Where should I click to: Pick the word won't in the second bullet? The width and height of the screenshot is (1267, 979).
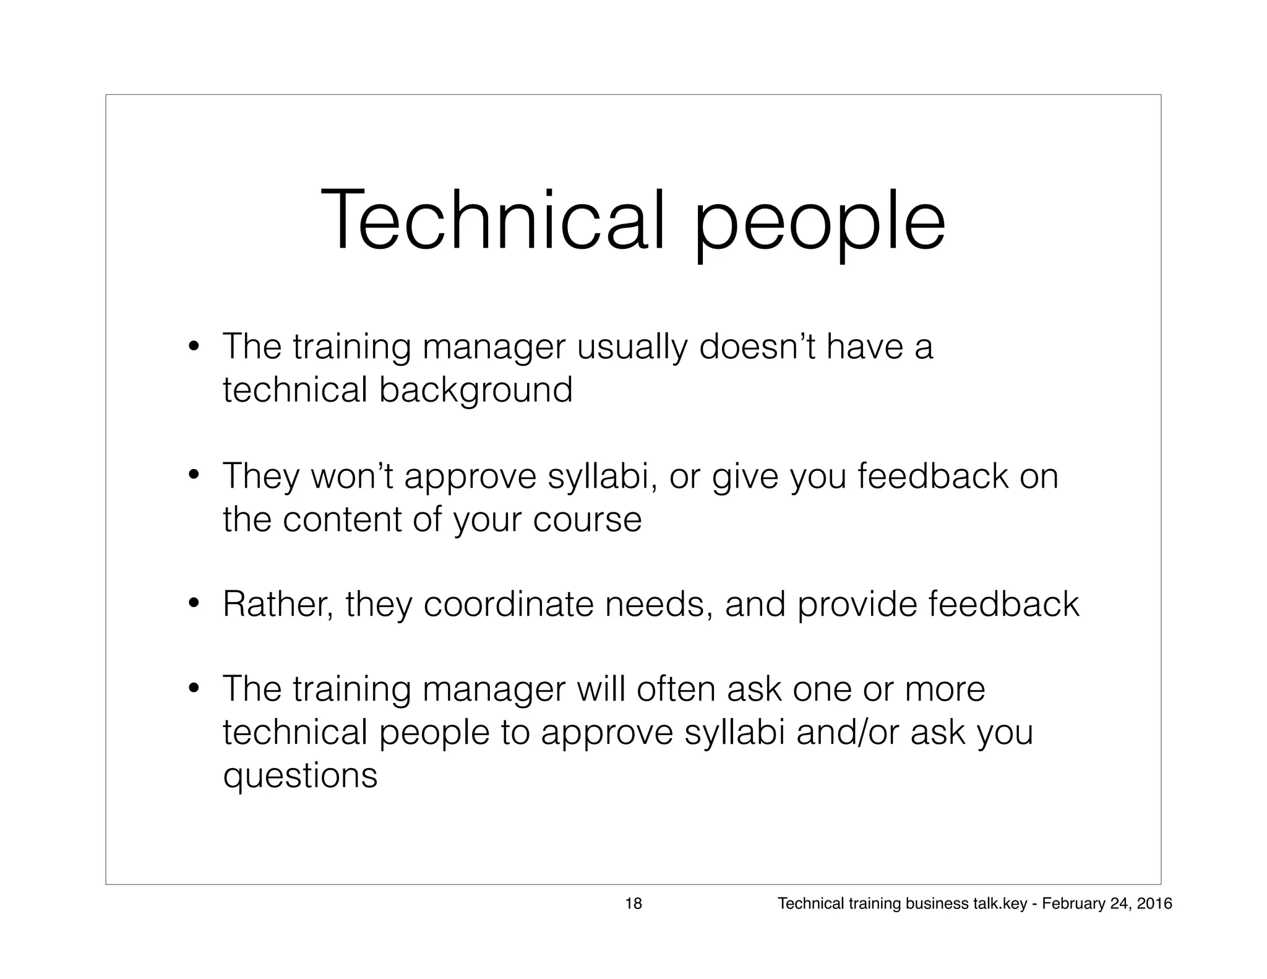point(351,477)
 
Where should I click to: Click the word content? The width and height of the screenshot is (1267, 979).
point(342,519)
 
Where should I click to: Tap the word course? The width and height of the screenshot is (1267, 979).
point(587,519)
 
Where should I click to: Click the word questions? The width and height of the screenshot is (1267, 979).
point(300,776)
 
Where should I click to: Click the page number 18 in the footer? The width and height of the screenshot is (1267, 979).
point(633,904)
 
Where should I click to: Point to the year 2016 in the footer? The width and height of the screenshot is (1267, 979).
point(1155,904)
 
